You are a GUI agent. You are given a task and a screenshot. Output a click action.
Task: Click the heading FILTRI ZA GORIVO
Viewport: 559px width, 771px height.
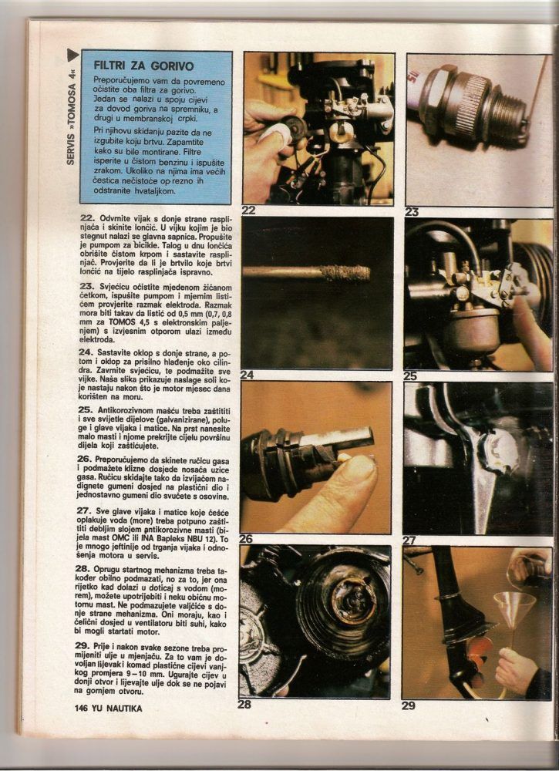(x=143, y=66)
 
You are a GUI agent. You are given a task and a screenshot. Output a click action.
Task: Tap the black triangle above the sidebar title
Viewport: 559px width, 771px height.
(x=72, y=55)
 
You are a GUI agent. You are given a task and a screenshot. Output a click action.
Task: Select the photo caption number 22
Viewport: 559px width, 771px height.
(x=249, y=210)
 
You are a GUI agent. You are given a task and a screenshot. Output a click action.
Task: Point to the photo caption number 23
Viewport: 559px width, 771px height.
(x=412, y=212)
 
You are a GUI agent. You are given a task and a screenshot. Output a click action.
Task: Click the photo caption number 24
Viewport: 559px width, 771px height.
(x=248, y=375)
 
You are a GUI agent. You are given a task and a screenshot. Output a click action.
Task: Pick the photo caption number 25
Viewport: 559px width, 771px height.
(x=410, y=376)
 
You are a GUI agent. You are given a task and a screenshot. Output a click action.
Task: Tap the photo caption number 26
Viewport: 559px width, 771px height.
(x=246, y=539)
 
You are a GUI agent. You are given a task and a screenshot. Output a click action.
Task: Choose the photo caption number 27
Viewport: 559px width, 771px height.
(x=409, y=540)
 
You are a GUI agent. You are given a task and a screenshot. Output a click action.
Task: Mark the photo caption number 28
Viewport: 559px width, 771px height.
(x=245, y=704)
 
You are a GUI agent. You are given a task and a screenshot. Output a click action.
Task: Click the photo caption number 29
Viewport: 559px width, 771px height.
(x=409, y=705)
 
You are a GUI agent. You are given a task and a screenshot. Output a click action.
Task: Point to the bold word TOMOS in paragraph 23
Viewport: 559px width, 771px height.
(x=123, y=322)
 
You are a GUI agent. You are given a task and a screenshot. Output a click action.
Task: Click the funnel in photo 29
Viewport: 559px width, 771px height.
(x=515, y=610)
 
